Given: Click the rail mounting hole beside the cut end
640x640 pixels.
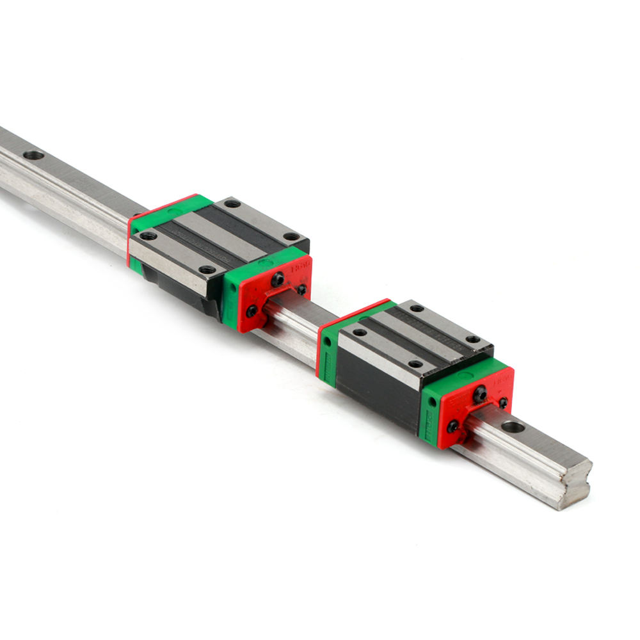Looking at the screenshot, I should coord(512,427).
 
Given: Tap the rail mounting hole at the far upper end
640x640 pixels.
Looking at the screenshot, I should coord(33,155).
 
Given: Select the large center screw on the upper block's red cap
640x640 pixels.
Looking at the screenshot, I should coord(277,280).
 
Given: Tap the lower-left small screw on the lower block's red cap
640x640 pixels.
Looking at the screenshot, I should coord(453,426).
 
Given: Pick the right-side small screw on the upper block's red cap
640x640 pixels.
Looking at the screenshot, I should coord(301,289).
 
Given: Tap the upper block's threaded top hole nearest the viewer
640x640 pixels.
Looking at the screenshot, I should coord(207,269).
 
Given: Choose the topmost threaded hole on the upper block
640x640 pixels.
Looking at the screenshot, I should coord(232,204).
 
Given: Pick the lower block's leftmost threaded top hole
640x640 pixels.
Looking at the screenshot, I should coord(360,332).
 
